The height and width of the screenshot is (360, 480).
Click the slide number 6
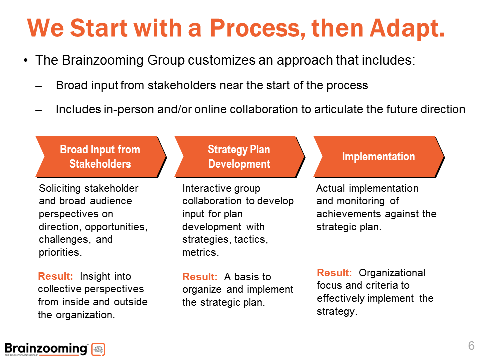[471, 346]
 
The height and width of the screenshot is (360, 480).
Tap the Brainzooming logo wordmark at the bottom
[46, 348]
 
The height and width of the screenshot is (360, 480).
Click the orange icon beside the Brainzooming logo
[99, 349]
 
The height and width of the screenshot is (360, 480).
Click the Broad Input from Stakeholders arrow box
[100, 157]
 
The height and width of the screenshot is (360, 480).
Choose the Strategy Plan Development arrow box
[239, 157]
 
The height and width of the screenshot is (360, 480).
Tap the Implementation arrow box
[378, 157]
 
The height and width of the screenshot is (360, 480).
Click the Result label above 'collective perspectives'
[56, 276]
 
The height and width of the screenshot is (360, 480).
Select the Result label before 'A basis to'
[200, 277]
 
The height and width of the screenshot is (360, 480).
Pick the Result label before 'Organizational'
[334, 273]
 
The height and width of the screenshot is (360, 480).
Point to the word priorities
[59, 252]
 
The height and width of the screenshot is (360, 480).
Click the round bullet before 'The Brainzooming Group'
[25, 61]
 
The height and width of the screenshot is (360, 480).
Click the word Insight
[98, 276]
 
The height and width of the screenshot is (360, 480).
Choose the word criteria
[376, 286]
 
